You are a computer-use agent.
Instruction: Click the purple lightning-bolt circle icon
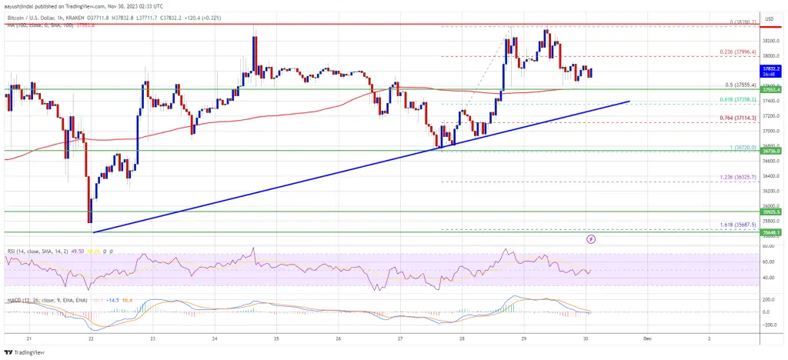click(591, 239)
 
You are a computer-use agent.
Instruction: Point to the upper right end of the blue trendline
click(630, 101)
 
